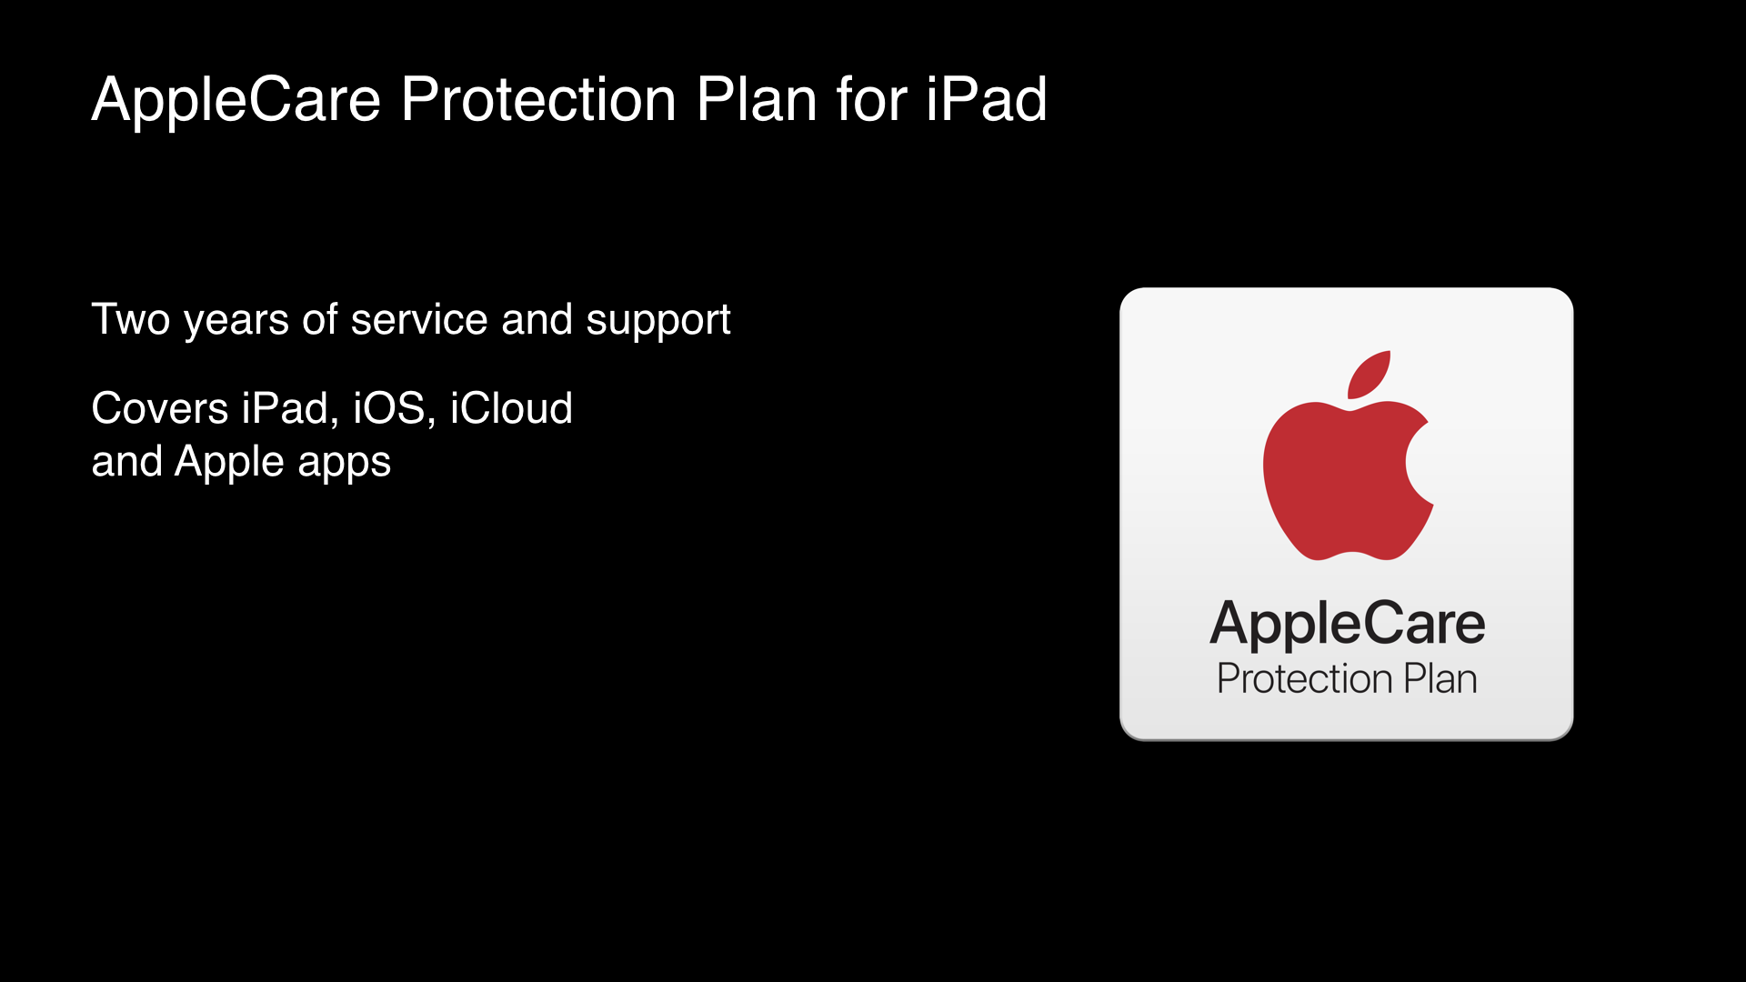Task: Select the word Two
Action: (131, 320)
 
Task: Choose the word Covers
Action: (160, 408)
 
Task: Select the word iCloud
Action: (511, 408)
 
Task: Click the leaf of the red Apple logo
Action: (1370, 374)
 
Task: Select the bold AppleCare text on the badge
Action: (1347, 626)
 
